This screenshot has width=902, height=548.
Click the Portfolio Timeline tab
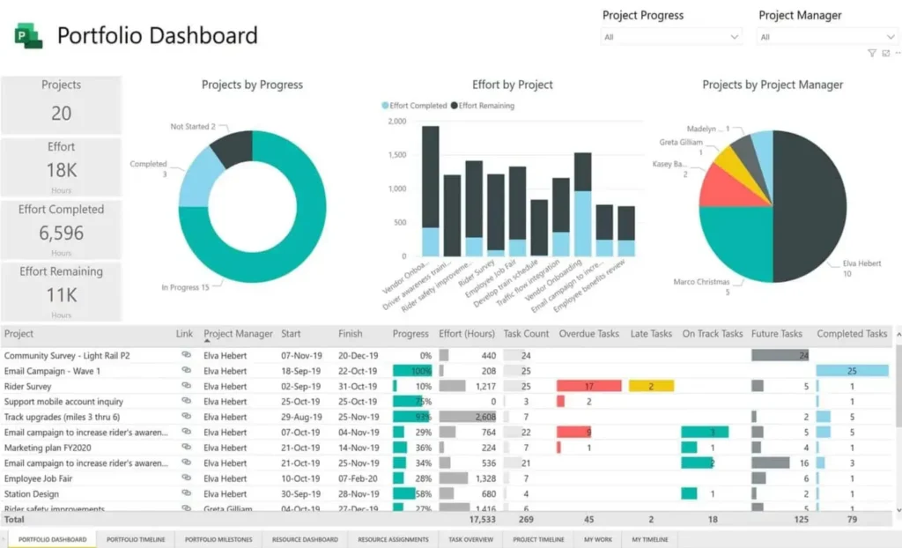click(136, 539)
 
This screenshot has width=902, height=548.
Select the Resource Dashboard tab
click(305, 539)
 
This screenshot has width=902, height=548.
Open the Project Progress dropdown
click(671, 37)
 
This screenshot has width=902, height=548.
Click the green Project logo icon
click(28, 36)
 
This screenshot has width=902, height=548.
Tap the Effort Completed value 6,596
click(61, 233)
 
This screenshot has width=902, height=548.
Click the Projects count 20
click(61, 113)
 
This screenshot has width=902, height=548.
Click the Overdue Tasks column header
click(589, 334)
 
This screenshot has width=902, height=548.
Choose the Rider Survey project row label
click(28, 386)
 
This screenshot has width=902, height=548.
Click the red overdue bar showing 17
click(588, 386)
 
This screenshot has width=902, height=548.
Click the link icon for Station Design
click(186, 493)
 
